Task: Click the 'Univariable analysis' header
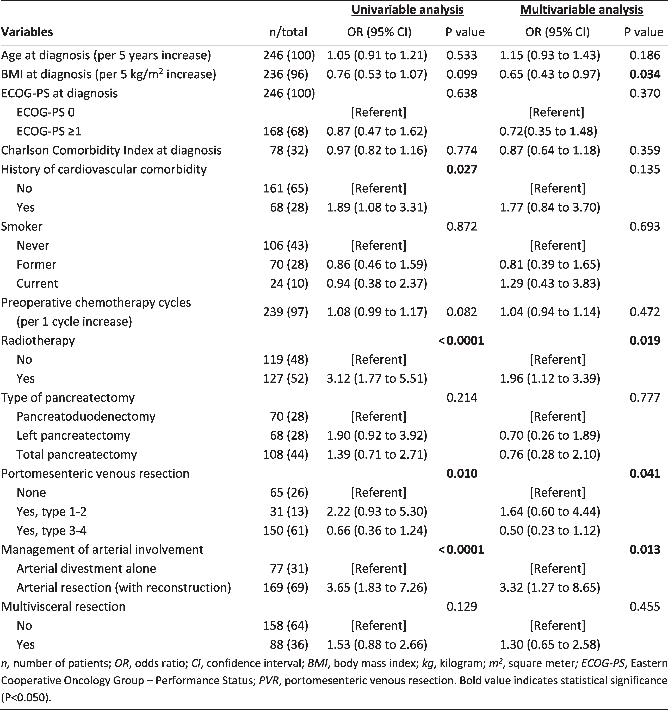point(408,10)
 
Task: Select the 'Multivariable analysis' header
point(582,10)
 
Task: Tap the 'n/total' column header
point(288,32)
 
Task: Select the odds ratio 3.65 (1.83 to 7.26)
point(377,588)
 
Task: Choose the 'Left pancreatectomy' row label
point(73,435)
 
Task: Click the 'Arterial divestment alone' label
point(86,568)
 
